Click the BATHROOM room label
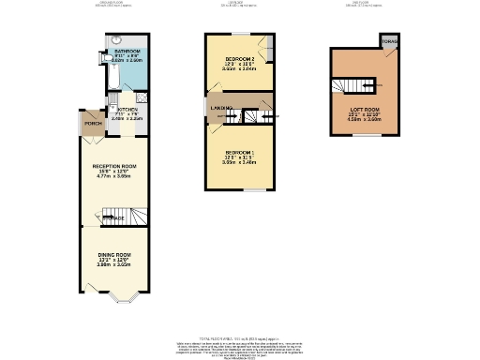click(127, 51)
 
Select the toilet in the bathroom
click(106, 57)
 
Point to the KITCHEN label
click(127, 109)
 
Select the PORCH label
click(93, 123)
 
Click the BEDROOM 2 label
click(239, 58)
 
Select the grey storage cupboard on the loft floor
click(387, 42)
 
